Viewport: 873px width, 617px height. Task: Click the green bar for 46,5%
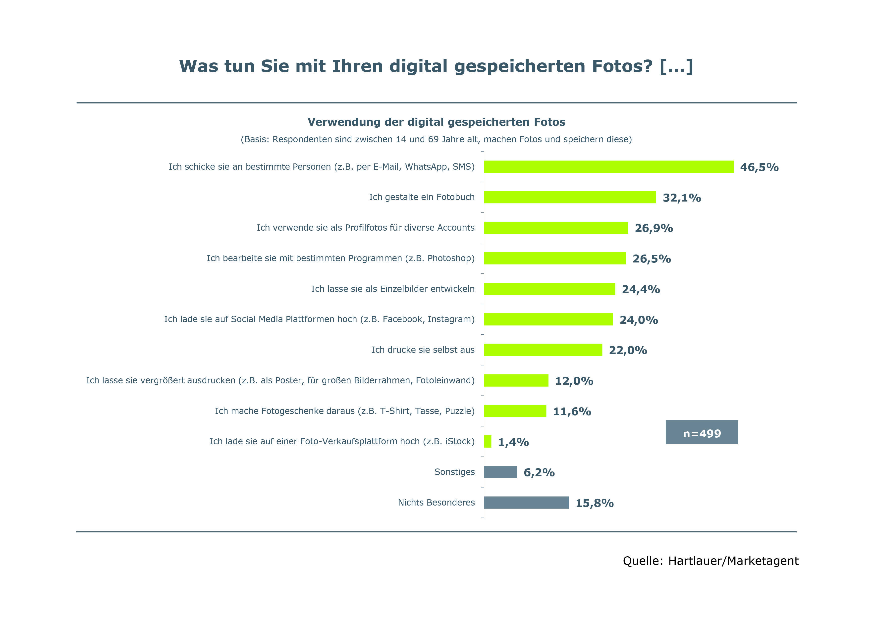click(x=608, y=167)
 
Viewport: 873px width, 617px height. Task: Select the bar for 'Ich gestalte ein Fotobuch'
click(x=570, y=197)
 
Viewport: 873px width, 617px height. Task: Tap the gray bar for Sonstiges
click(x=500, y=472)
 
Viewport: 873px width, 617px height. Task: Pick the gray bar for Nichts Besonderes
click(x=526, y=503)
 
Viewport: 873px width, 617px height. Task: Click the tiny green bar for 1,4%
click(x=488, y=442)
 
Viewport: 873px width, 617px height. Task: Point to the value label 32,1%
click(x=682, y=198)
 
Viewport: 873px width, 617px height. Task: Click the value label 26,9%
click(x=654, y=228)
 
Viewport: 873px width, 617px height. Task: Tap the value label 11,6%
click(x=572, y=411)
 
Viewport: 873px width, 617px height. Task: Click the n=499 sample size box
click(x=702, y=432)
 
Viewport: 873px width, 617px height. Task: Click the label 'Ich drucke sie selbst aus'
click(x=423, y=350)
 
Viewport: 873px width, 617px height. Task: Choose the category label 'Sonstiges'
click(x=454, y=472)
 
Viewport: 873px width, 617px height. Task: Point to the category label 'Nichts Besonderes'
click(x=436, y=503)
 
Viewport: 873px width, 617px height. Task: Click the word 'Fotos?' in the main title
click(x=622, y=66)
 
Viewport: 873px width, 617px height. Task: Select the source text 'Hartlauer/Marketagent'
click(x=733, y=561)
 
